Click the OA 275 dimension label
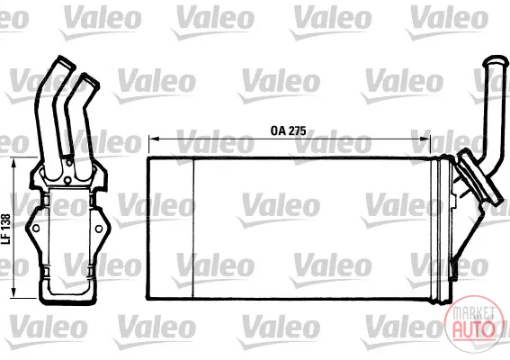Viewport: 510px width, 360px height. (288, 130)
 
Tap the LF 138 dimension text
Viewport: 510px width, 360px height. (6, 229)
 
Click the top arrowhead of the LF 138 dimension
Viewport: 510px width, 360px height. (13, 164)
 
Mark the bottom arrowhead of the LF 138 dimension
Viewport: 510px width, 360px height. (13, 292)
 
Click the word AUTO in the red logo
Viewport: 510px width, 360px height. (474, 329)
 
